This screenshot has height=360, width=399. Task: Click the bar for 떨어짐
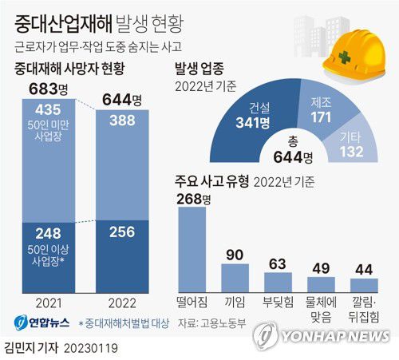tap(192, 247)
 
